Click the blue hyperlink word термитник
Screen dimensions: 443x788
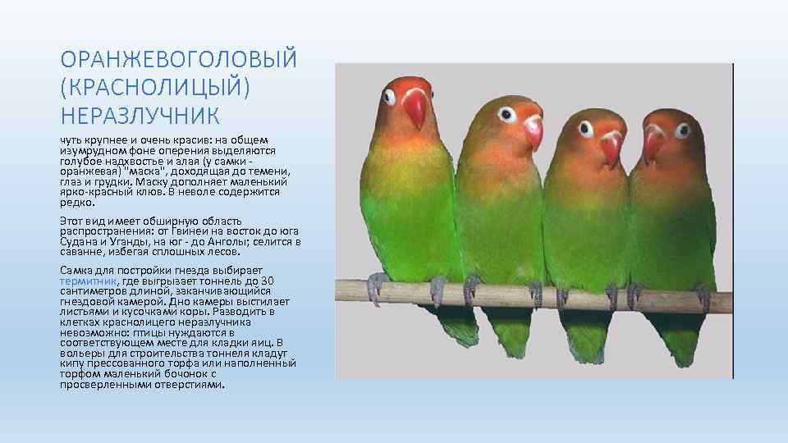point(89,281)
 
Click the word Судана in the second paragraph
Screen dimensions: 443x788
point(76,241)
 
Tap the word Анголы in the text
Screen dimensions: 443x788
point(216,241)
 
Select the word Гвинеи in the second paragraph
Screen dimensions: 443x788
point(170,231)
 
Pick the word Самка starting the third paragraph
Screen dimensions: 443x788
point(76,271)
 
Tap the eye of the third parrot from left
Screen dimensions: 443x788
point(586,129)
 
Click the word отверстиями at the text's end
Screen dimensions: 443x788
point(187,384)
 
